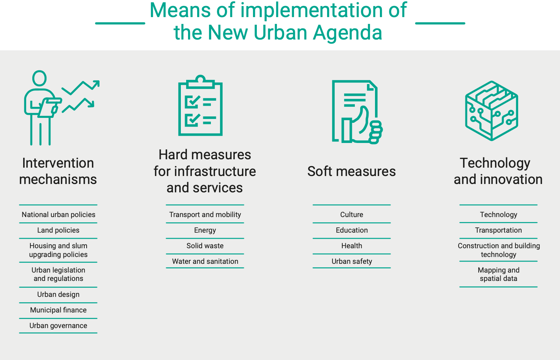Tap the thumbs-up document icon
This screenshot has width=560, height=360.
[358, 112]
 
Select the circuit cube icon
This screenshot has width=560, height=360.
[492, 111]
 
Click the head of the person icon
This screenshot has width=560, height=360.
[40, 78]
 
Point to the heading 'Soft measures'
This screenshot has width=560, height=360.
[351, 171]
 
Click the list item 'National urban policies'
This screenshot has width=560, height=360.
[58, 215]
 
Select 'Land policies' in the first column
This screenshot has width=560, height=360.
[58, 230]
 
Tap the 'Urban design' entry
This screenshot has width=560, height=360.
[58, 295]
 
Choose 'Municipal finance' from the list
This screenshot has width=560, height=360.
[58, 310]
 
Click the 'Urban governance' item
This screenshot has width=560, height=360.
[58, 325]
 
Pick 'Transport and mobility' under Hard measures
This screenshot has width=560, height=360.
[205, 215]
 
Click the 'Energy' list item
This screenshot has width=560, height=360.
[205, 230]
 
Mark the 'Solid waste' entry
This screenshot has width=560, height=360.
[205, 246]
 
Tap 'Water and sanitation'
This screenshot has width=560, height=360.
[205, 261]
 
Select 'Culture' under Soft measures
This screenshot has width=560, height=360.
[351, 215]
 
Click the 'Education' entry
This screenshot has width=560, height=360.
[351, 230]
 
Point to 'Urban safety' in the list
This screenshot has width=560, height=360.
[351, 261]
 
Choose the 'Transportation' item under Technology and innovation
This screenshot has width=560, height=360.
[498, 230]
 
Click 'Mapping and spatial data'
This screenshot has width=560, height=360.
[498, 274]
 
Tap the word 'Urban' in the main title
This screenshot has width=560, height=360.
[280, 33]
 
